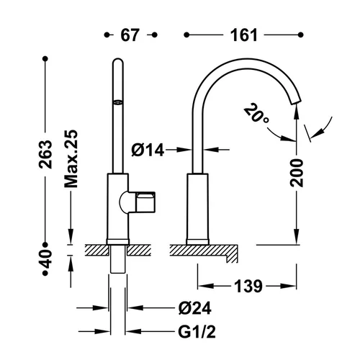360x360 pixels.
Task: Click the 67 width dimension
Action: pos(130,35)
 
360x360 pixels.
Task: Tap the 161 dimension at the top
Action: pos(244,35)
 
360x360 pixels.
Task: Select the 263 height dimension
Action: pos(45,154)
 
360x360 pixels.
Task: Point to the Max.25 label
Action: pos(71,159)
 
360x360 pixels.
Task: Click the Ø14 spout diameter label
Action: pos(148,150)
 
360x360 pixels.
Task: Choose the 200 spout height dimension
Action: pos(297,173)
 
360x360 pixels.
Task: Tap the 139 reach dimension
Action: pos(248,286)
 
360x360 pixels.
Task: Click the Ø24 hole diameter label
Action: pos(195,308)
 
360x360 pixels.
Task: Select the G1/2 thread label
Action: pos(197,332)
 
